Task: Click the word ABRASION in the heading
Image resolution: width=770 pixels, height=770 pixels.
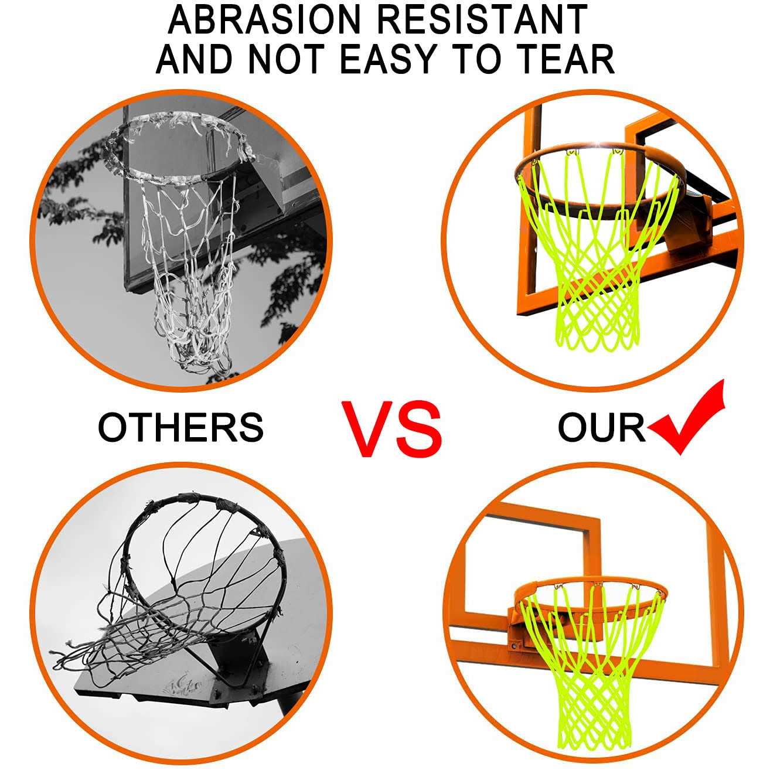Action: pyautogui.click(x=264, y=20)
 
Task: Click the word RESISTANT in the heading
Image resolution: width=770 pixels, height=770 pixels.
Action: pyautogui.click(x=483, y=20)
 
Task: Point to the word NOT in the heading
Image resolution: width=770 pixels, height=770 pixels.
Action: pyautogui.click(x=286, y=59)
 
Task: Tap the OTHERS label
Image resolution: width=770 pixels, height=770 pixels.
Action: pyautogui.click(x=180, y=427)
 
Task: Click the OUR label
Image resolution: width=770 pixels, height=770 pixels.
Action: pyautogui.click(x=602, y=427)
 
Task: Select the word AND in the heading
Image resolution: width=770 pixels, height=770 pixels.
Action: pyautogui.click(x=194, y=59)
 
